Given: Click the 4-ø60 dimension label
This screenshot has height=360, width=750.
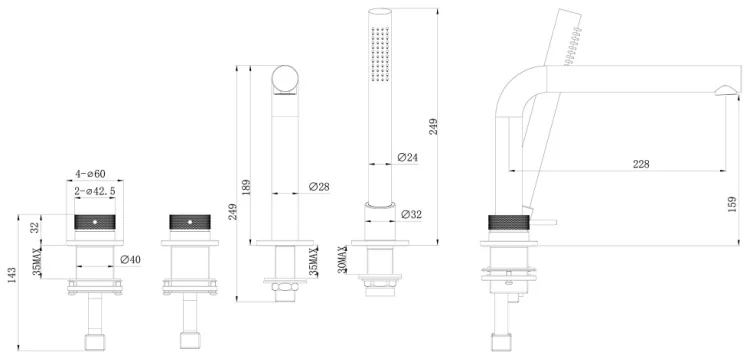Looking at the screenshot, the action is click(91, 173).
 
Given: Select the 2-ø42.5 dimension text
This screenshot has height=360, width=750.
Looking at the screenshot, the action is click(95, 191).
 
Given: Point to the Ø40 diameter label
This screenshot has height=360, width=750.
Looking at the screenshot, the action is click(131, 260).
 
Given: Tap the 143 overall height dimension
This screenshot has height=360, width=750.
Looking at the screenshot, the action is click(12, 276).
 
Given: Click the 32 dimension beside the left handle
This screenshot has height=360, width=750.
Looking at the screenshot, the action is click(35, 228).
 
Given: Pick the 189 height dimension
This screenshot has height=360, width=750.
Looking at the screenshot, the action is click(244, 187).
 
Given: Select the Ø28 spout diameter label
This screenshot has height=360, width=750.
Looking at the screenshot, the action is click(319, 187).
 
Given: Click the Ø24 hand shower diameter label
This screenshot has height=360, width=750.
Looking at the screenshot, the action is click(408, 157).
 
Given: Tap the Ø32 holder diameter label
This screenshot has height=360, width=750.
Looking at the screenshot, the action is click(411, 214).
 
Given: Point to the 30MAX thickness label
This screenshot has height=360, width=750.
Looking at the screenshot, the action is click(342, 260).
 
